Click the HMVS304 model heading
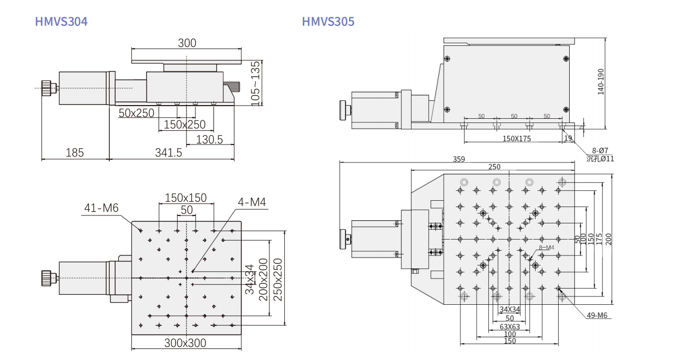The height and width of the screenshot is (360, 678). tap(61, 22)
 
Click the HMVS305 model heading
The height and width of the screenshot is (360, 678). tap(328, 22)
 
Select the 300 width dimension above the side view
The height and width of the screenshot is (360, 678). tap(187, 43)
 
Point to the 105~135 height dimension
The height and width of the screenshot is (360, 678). tap(256, 83)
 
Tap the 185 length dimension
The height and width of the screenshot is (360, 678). tap(75, 153)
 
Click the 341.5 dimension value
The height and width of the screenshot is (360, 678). tap(169, 153)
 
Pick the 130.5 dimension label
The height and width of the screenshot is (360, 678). tap(209, 139)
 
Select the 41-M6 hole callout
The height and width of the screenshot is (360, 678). tap(101, 208)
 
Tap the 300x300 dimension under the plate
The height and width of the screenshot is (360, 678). tap(185, 343)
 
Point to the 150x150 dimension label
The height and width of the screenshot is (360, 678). tap(186, 198)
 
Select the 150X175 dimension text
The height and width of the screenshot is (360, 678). tap(517, 139)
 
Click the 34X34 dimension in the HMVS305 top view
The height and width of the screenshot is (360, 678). tap(509, 309)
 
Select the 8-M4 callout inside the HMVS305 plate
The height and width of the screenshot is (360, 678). tap(547, 247)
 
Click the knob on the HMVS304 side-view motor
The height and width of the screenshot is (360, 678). tap(47, 88)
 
